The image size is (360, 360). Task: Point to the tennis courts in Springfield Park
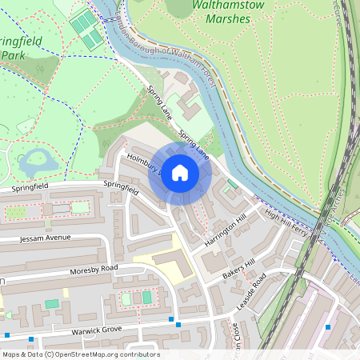click(86, 30)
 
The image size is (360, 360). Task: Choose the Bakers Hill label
click(238, 268)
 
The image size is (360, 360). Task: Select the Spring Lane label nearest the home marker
click(194, 144)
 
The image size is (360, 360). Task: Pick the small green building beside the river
click(232, 185)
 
